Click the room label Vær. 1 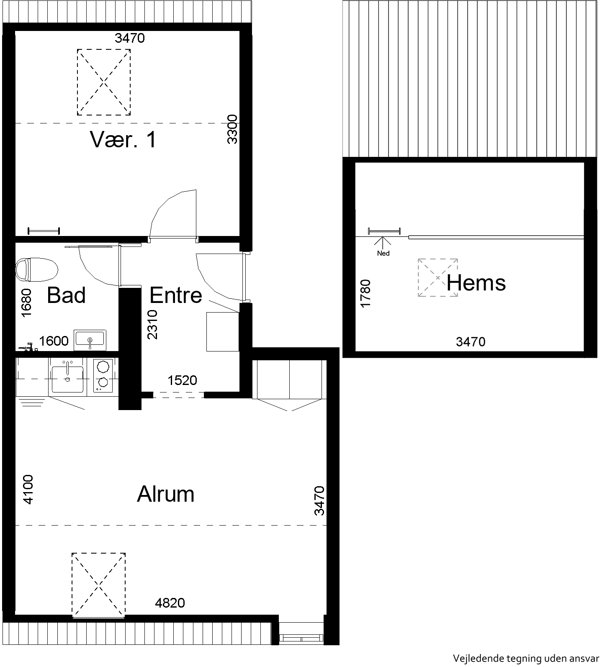coord(123,139)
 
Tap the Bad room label coord(66,295)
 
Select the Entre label coord(176,295)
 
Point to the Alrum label coord(166,494)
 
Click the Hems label coord(476,283)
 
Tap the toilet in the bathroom coord(36,269)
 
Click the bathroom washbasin coord(90,340)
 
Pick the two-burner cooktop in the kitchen coord(103,375)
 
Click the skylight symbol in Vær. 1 coord(103,82)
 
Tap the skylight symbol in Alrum coord(99,585)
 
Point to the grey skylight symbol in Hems coord(437,278)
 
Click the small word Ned coord(383,253)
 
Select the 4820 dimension coord(170,603)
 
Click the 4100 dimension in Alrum coord(28,489)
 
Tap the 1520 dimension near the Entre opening coord(182,380)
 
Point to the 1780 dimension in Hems coord(365,293)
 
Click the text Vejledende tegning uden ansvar coord(526,658)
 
